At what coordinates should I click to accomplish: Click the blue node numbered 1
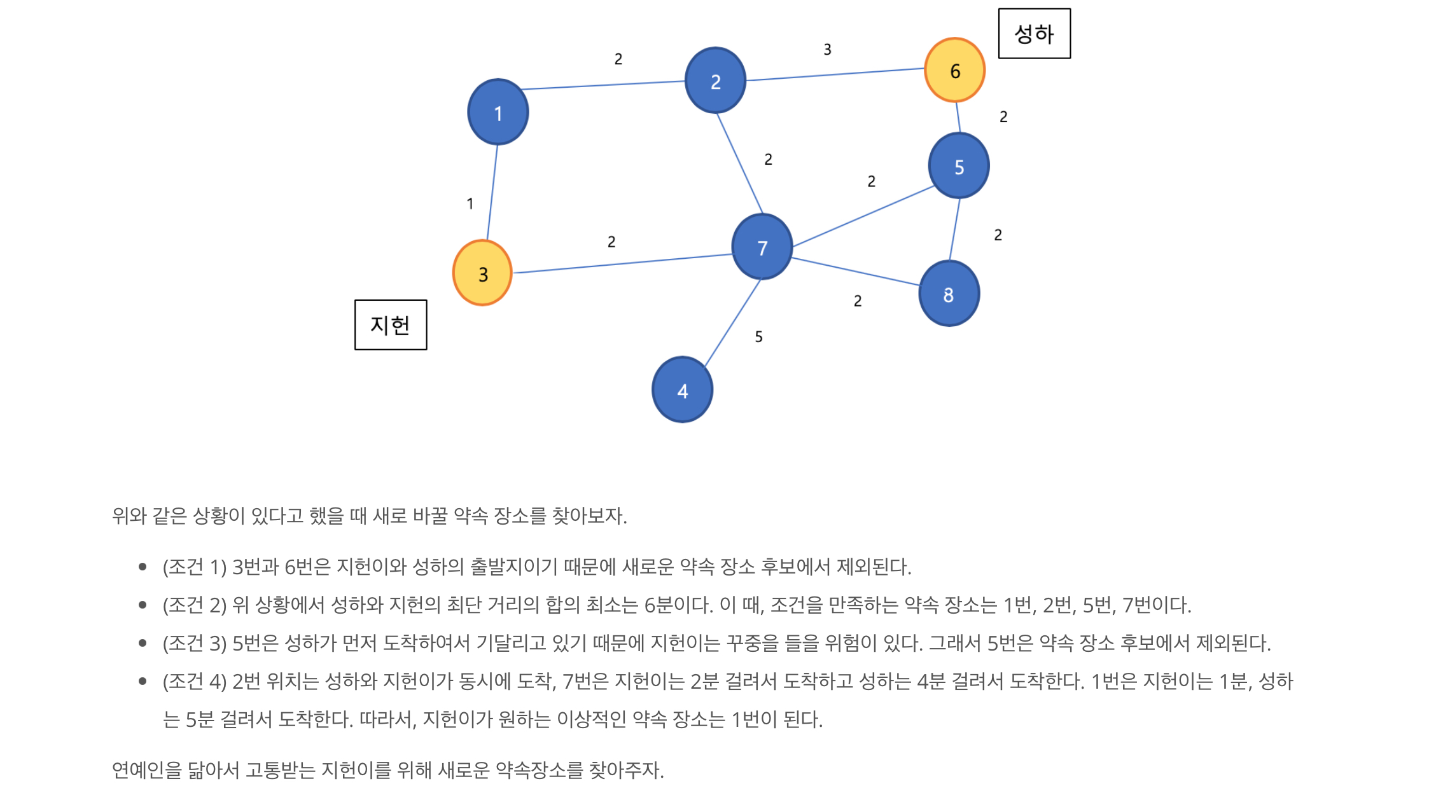click(x=498, y=113)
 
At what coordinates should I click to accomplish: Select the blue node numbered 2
click(x=715, y=81)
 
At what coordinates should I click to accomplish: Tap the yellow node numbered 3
click(x=482, y=273)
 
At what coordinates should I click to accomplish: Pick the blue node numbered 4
click(x=682, y=390)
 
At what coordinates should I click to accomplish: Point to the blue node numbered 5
click(x=958, y=166)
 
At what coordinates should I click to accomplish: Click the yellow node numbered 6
click(x=954, y=70)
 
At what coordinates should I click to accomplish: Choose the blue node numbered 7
click(x=762, y=247)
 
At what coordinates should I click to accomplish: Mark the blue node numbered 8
click(x=949, y=294)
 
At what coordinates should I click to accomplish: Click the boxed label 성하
click(x=1034, y=34)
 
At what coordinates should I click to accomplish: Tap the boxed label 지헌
click(x=390, y=325)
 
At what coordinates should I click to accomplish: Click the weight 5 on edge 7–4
click(x=758, y=337)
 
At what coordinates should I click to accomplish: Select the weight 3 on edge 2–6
click(x=827, y=50)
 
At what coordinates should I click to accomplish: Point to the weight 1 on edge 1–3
click(x=470, y=204)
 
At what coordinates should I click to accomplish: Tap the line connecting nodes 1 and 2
click(x=603, y=85)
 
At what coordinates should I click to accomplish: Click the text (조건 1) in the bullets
click(x=194, y=567)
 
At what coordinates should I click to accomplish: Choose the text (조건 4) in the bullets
click(x=194, y=681)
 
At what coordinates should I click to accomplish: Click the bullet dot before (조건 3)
click(x=143, y=643)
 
